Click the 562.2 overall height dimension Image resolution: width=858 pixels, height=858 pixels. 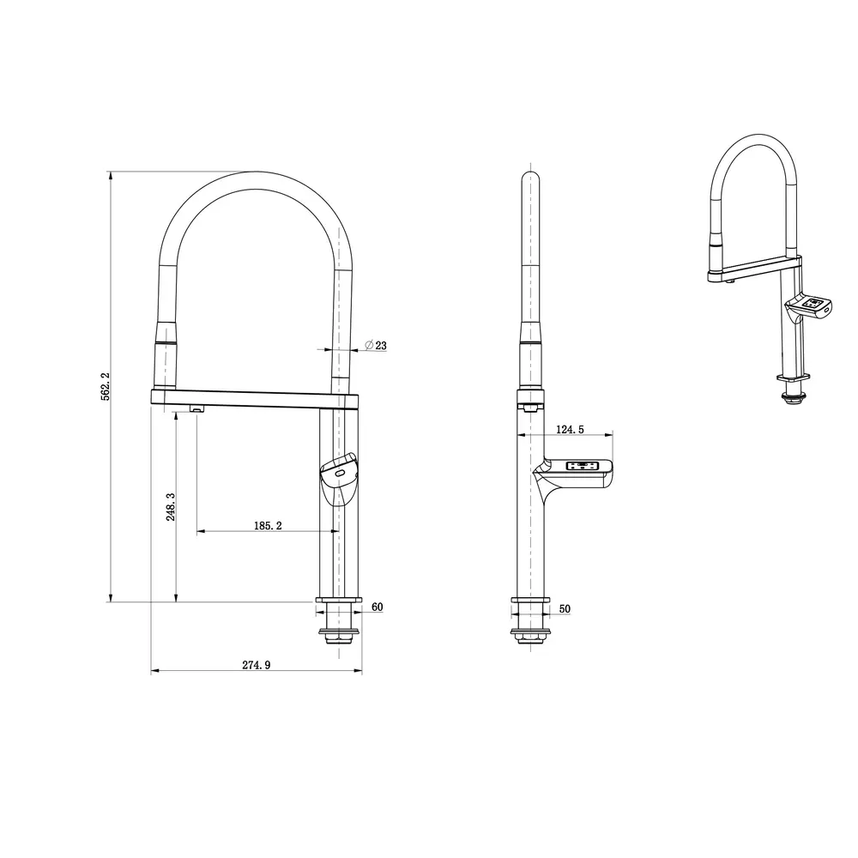pos(106,386)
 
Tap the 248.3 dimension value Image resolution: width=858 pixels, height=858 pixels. pos(171,507)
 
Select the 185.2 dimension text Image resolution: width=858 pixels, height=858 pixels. pos(268,526)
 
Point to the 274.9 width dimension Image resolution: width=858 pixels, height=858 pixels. pos(256,666)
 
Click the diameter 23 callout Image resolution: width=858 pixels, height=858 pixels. pos(376,345)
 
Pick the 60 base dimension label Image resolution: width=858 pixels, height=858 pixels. pos(377,607)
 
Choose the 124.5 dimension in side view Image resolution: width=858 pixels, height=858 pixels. pos(570,430)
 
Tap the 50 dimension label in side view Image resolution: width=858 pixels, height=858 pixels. pos(565,609)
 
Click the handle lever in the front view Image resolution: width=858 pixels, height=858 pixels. pos(339,476)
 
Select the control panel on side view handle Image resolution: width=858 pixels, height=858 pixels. pos(583,466)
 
